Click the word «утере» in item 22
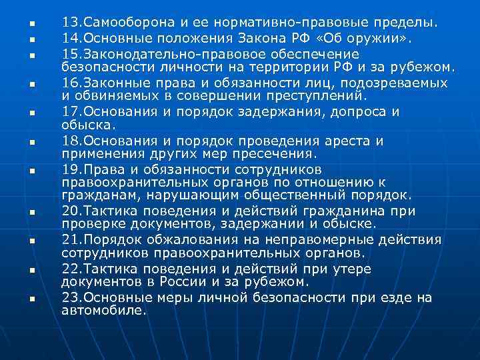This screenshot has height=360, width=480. coord(353,268)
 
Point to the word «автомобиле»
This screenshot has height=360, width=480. coord(103,310)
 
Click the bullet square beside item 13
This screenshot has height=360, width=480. coord(31,25)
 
